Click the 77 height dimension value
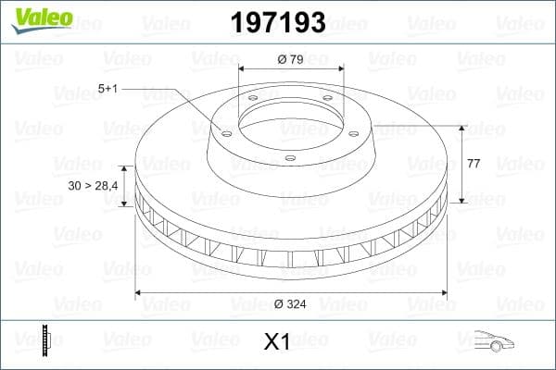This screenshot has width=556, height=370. click(474, 163)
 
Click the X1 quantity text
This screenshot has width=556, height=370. click(277, 342)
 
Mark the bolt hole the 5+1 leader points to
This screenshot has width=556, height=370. click(225, 131)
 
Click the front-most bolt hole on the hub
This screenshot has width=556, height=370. click(289, 159)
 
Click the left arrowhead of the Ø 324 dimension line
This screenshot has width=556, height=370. click(140, 293)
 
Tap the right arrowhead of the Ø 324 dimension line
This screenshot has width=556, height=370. click(442, 293)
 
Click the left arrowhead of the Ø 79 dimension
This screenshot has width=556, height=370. click(242, 69)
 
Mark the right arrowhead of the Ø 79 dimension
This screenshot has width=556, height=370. click(340, 69)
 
